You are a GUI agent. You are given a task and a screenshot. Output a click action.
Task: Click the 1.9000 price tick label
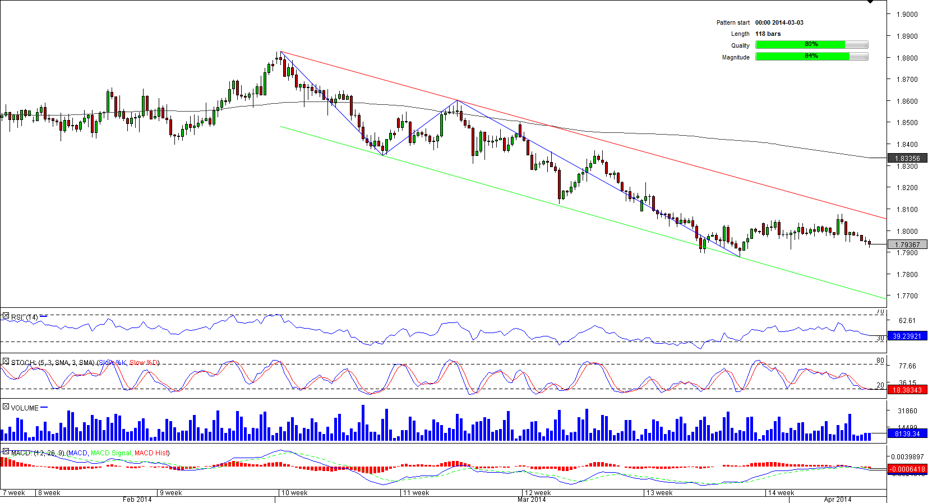click(x=906, y=15)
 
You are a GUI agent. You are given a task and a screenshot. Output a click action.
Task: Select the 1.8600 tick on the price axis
click(x=906, y=101)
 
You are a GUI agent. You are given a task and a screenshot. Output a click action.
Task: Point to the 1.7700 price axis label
click(x=906, y=296)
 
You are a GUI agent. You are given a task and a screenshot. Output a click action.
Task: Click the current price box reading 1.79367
click(x=907, y=244)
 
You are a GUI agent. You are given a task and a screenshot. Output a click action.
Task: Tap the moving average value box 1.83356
click(x=907, y=159)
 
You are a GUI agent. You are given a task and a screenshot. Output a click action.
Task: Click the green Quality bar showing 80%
click(x=800, y=45)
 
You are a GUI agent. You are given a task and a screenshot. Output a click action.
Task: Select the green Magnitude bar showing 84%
click(x=802, y=57)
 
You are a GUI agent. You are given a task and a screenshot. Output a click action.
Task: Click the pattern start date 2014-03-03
click(x=779, y=22)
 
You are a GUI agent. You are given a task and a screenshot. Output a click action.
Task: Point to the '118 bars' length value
click(x=768, y=34)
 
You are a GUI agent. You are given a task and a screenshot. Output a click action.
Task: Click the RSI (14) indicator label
click(x=24, y=317)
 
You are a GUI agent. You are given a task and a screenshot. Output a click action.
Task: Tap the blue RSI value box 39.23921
click(x=907, y=336)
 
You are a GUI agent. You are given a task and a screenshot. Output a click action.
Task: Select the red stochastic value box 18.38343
click(x=907, y=390)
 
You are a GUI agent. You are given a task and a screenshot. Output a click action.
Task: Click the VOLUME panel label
click(x=25, y=408)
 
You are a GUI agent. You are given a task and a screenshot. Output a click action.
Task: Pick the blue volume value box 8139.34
click(x=907, y=433)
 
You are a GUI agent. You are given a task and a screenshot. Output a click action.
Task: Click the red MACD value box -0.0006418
click(x=907, y=469)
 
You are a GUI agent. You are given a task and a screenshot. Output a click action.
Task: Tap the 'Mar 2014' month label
click(x=531, y=499)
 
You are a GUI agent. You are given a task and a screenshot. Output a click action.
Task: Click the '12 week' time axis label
click(x=537, y=493)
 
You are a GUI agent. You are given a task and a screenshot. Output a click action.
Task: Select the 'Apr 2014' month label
click(x=837, y=499)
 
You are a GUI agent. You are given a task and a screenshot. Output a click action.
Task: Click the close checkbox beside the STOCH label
click(x=6, y=362)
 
